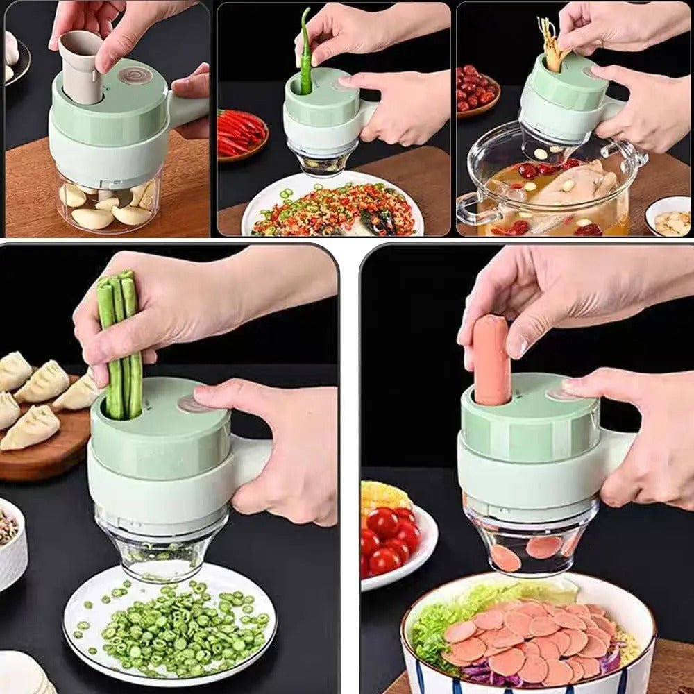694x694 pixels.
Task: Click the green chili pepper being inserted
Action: point(305,52)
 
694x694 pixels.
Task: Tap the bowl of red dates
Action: point(477,90)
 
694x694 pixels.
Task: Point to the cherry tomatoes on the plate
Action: point(389,538)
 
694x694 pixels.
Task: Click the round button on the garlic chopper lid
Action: point(135,75)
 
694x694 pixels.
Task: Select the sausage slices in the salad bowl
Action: point(527,638)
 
